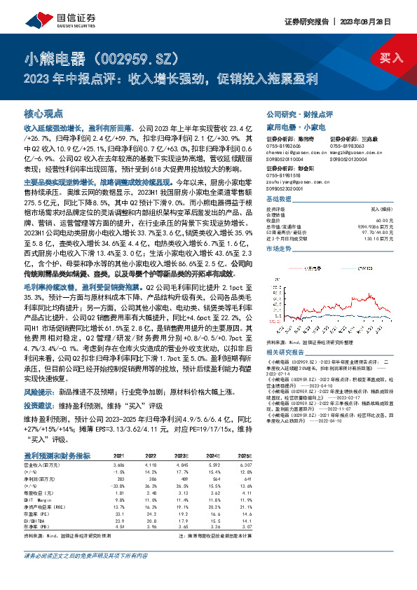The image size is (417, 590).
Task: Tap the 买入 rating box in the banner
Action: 390,58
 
